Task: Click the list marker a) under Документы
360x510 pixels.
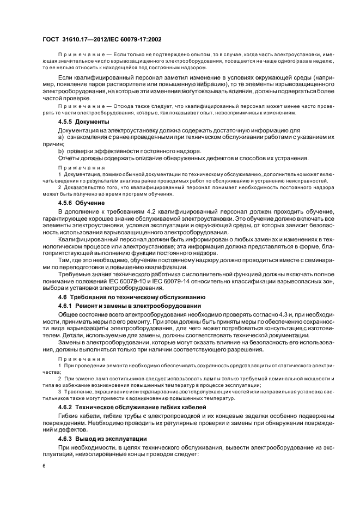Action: (x=60, y=137)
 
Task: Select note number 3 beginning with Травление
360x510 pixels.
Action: (x=59, y=392)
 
